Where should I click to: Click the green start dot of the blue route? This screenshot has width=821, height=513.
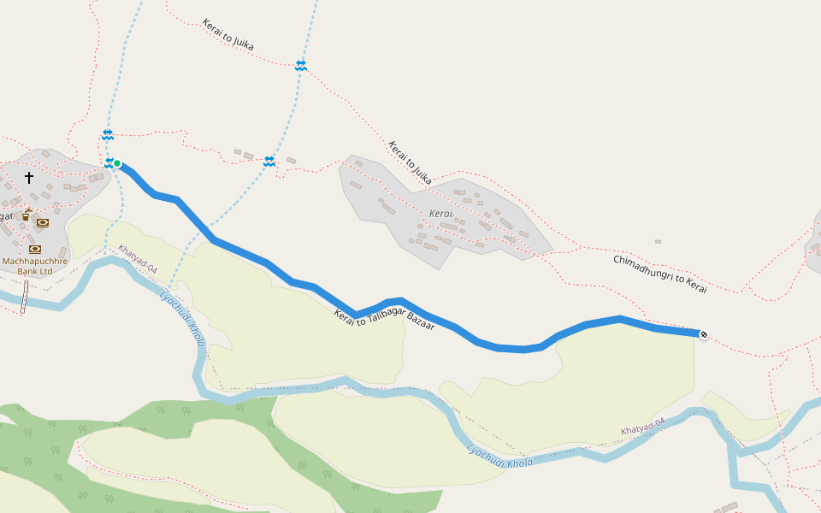[x=117, y=163]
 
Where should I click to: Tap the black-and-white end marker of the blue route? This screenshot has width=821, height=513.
[x=703, y=334]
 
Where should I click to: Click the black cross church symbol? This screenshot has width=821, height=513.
[x=29, y=178]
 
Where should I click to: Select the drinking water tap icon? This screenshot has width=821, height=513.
[x=27, y=215]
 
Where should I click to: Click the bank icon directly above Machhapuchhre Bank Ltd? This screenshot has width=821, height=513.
[x=35, y=249]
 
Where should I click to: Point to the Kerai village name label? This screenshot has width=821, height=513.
[x=440, y=212]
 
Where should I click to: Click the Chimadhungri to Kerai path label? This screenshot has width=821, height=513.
[x=660, y=274]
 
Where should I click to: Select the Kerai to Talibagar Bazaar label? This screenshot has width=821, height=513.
[x=384, y=321]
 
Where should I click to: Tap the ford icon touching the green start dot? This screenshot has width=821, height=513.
[x=109, y=162]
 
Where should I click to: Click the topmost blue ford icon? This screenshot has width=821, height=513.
[x=301, y=65]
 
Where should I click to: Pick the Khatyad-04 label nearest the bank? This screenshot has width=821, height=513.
[x=138, y=260]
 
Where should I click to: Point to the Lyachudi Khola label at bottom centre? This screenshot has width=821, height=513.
[x=499, y=457]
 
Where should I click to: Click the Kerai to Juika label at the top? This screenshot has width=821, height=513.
[x=228, y=34]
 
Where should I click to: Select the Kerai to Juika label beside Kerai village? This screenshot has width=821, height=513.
[x=410, y=162]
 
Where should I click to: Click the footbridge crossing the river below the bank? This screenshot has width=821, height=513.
[x=24, y=298]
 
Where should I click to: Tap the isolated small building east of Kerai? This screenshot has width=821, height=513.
[x=658, y=242]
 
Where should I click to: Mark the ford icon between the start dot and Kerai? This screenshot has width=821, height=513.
[x=269, y=162]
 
